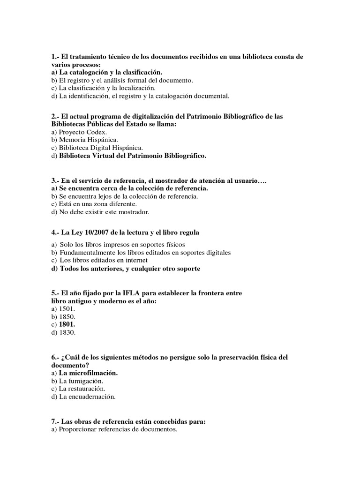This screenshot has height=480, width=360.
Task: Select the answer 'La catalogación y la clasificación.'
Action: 110,72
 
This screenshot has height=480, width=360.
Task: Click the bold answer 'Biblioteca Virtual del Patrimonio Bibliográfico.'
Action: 132,155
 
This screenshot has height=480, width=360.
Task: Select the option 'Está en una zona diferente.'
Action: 97,204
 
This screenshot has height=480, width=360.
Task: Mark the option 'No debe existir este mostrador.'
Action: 104,212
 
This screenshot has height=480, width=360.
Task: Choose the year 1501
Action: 67,309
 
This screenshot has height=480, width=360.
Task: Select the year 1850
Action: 67,316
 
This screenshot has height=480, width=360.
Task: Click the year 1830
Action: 67,332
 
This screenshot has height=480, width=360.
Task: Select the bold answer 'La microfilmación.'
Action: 88,373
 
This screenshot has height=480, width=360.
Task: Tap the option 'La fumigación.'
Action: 81,381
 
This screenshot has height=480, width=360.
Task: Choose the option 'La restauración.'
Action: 82,389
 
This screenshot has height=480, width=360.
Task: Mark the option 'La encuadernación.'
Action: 87,397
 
